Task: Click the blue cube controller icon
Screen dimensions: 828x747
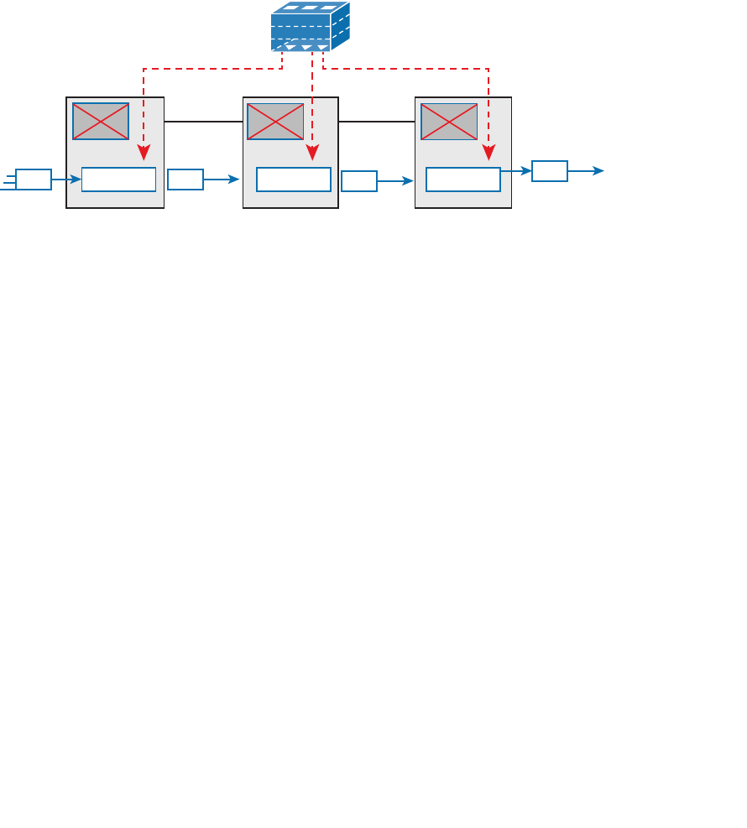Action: coord(310,27)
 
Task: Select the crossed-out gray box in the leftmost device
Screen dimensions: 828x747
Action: coord(101,122)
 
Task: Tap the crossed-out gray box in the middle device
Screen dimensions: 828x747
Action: coord(275,122)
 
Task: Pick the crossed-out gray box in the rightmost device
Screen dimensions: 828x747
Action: coord(449,122)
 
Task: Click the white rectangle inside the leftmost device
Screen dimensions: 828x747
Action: coord(118,180)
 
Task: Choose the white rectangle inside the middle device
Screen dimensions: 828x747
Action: coord(293,180)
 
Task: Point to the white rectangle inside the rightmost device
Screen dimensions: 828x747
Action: coord(463,180)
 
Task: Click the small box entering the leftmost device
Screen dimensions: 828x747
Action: coord(34,180)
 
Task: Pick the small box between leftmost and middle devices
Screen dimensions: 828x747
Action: coord(185,180)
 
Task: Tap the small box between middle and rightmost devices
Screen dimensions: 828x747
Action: coord(359,181)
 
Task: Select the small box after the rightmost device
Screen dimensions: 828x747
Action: coord(550,171)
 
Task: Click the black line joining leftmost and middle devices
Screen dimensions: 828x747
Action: coord(203,122)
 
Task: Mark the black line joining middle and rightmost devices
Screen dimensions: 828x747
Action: coord(377,122)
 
